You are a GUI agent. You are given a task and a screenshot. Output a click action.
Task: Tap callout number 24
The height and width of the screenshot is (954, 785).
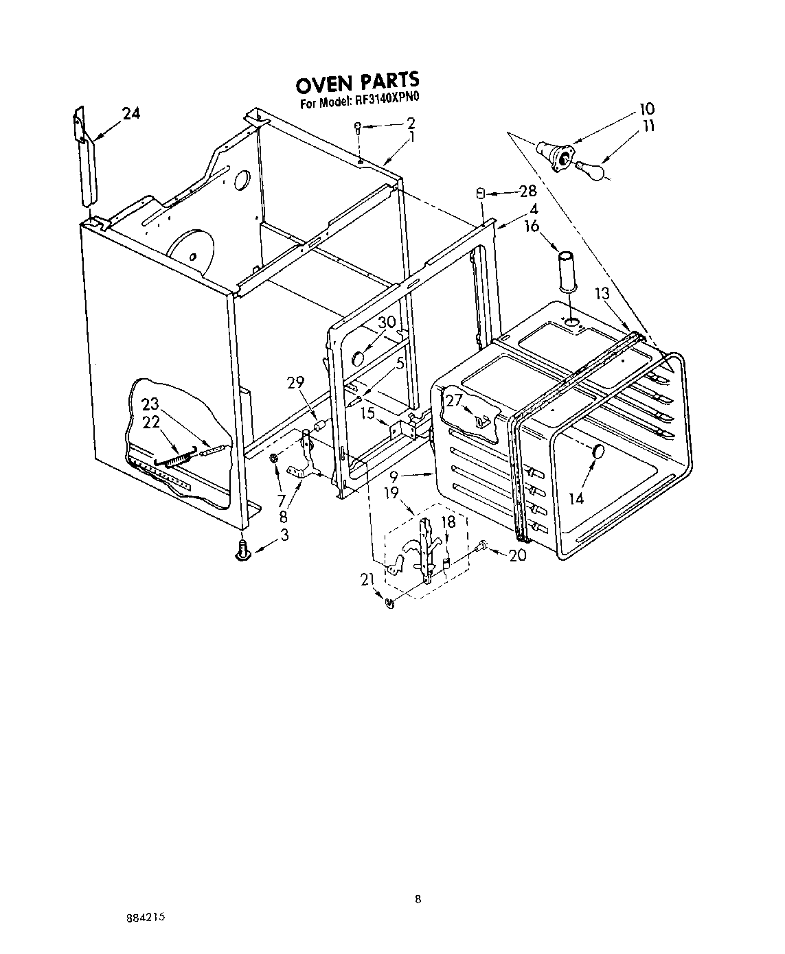(x=130, y=114)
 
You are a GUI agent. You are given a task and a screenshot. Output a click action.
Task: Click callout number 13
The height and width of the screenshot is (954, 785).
(x=602, y=294)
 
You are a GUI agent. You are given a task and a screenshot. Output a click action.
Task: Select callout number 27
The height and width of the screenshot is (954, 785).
(x=454, y=401)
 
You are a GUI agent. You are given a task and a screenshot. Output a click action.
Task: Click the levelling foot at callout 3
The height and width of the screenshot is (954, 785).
(x=242, y=550)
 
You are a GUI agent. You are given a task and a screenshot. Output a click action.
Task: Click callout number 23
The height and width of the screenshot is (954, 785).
(x=150, y=404)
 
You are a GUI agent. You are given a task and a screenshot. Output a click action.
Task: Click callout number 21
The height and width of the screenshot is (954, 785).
(x=368, y=580)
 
